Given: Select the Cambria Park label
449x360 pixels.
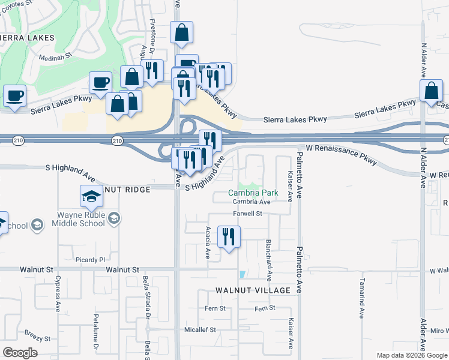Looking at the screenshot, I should pyautogui.click(x=253, y=193).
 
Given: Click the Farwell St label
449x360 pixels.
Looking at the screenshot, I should pyautogui.click(x=248, y=214).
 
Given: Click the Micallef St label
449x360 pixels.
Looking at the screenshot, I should pyautogui.click(x=200, y=329).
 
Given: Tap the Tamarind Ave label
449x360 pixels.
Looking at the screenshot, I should pyautogui.click(x=363, y=298).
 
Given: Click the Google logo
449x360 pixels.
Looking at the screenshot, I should pyautogui.click(x=20, y=352).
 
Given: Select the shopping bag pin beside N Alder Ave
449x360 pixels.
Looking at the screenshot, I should pyautogui.click(x=432, y=92).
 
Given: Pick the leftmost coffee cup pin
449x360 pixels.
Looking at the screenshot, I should pyautogui.click(x=15, y=95).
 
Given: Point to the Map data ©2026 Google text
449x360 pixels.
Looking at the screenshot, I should pyautogui.click(x=411, y=355).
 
